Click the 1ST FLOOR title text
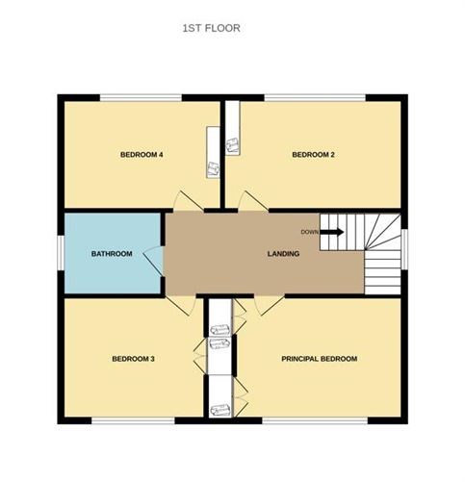tap(211, 29)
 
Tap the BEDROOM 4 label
tap(140, 155)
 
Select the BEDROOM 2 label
tap(313, 155)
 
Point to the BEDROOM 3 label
tap(134, 359)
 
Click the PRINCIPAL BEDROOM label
tap(319, 359)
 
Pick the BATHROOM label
tap(112, 254)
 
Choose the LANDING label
tap(283, 254)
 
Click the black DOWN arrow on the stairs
tap(332, 232)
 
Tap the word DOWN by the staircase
tap(309, 232)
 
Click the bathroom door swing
tap(153, 259)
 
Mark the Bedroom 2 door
tap(251, 201)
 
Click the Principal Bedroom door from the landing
tap(268, 304)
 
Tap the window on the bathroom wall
tap(61, 254)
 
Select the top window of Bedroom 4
tap(141, 97)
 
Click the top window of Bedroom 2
tap(315, 97)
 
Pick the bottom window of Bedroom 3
tap(135, 419)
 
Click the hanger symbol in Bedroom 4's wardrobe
tap(212, 168)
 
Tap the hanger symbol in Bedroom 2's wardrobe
tap(232, 145)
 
